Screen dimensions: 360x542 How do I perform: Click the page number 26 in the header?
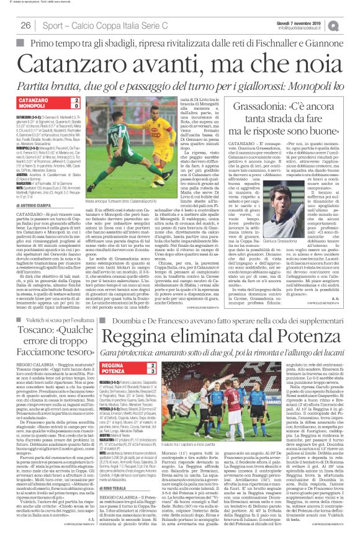pos(25,25)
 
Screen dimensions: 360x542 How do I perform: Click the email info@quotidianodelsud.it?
pos(317,29)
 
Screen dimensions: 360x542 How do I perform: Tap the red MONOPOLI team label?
pos(37,107)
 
